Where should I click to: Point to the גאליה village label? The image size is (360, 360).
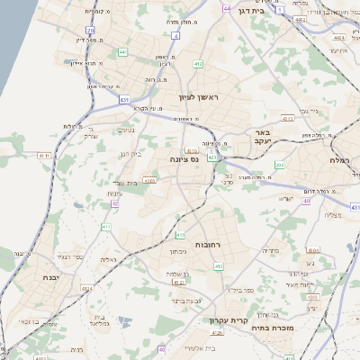(x=107, y=260)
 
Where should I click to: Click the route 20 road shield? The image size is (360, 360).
(x=90, y=30)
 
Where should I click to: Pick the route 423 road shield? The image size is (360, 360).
(x=212, y=157)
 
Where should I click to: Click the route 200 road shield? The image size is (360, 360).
(x=280, y=165)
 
